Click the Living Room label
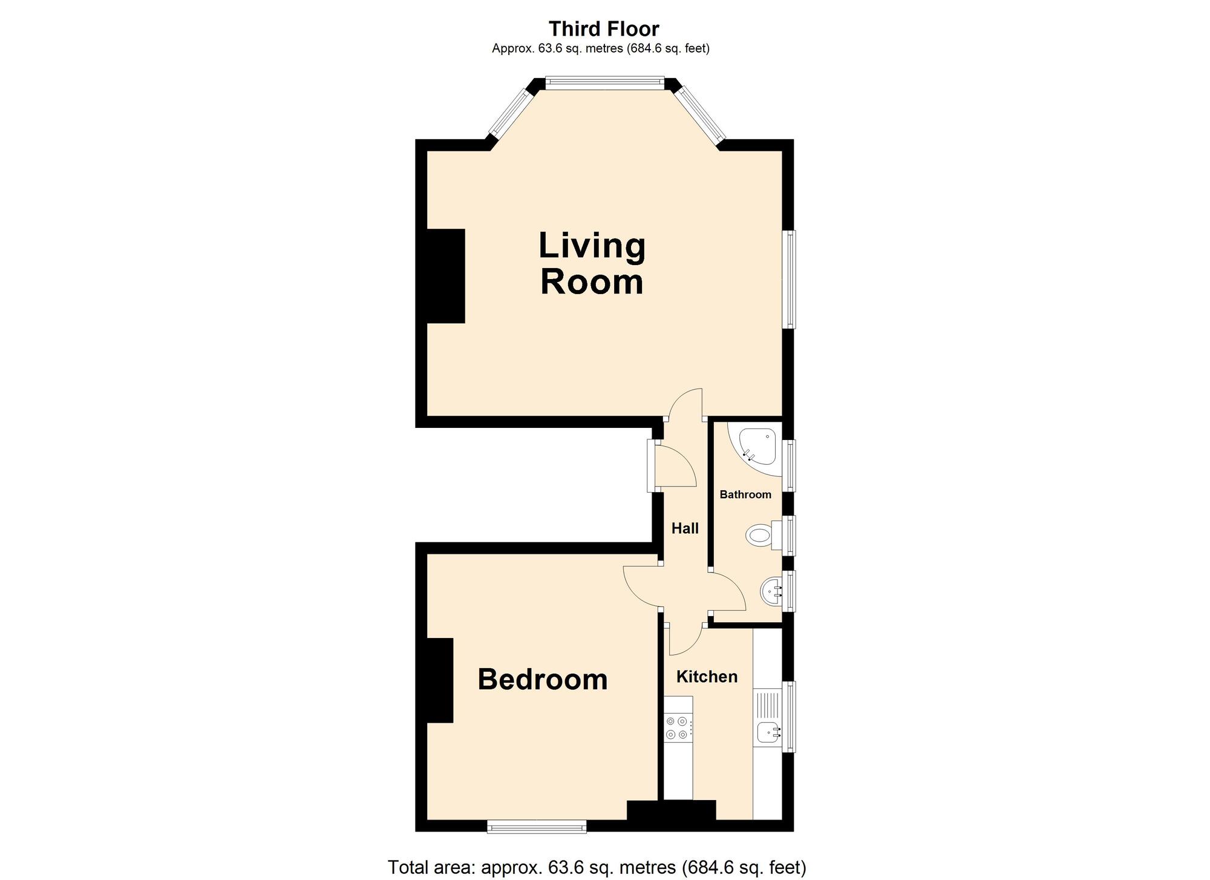coord(592,264)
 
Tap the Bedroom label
coord(542,679)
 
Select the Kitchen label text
coord(707,676)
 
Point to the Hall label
coord(685,528)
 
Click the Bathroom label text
coord(745,494)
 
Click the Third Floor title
coord(603,28)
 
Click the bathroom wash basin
coord(770,591)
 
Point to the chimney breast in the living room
coord(446,276)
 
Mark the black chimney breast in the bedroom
coord(440,680)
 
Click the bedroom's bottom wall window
coord(537,827)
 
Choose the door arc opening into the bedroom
coord(641,586)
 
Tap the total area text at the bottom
coord(597,867)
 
